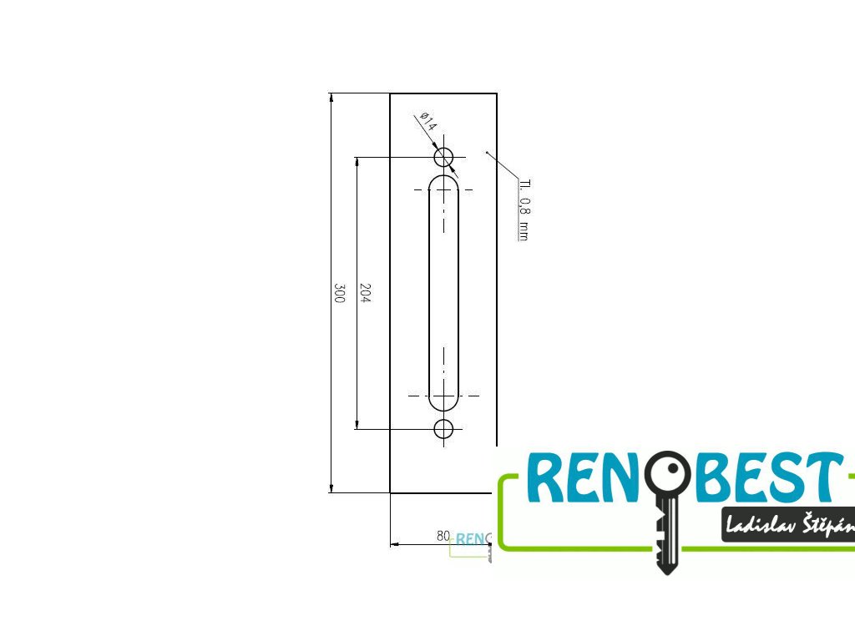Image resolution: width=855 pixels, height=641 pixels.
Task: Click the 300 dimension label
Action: (x=339, y=293)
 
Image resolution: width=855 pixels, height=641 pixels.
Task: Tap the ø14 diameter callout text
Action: (x=426, y=122)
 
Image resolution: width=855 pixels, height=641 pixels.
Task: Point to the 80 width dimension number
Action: (x=443, y=536)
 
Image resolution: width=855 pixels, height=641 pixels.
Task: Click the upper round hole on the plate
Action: (x=443, y=157)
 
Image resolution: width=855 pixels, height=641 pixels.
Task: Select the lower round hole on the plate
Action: (x=443, y=429)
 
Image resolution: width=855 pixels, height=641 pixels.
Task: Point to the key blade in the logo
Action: (x=665, y=538)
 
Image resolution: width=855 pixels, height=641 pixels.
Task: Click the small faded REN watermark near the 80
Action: (x=473, y=539)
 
